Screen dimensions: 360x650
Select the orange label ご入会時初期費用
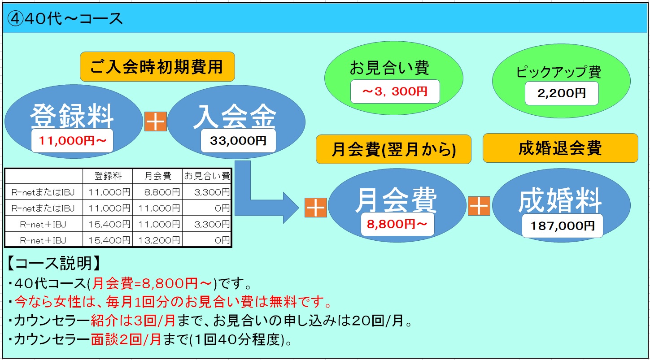click(x=157, y=67)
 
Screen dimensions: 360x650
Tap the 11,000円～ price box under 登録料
click(x=72, y=141)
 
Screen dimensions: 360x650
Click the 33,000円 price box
click(x=238, y=141)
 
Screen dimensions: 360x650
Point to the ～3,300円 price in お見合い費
click(x=395, y=92)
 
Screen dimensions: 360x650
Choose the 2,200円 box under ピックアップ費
click(x=561, y=93)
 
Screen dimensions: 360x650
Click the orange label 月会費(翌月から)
click(x=393, y=149)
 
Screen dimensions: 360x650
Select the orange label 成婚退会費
click(x=560, y=148)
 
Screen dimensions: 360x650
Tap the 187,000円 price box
click(x=563, y=226)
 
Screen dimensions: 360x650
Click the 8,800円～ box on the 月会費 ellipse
click(x=397, y=224)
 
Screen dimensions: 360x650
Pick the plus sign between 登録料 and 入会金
click(x=156, y=121)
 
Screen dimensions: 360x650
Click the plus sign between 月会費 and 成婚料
click(x=479, y=206)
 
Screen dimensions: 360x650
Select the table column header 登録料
click(x=108, y=176)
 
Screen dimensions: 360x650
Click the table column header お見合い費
click(x=207, y=176)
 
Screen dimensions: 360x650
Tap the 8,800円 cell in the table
click(x=157, y=192)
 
